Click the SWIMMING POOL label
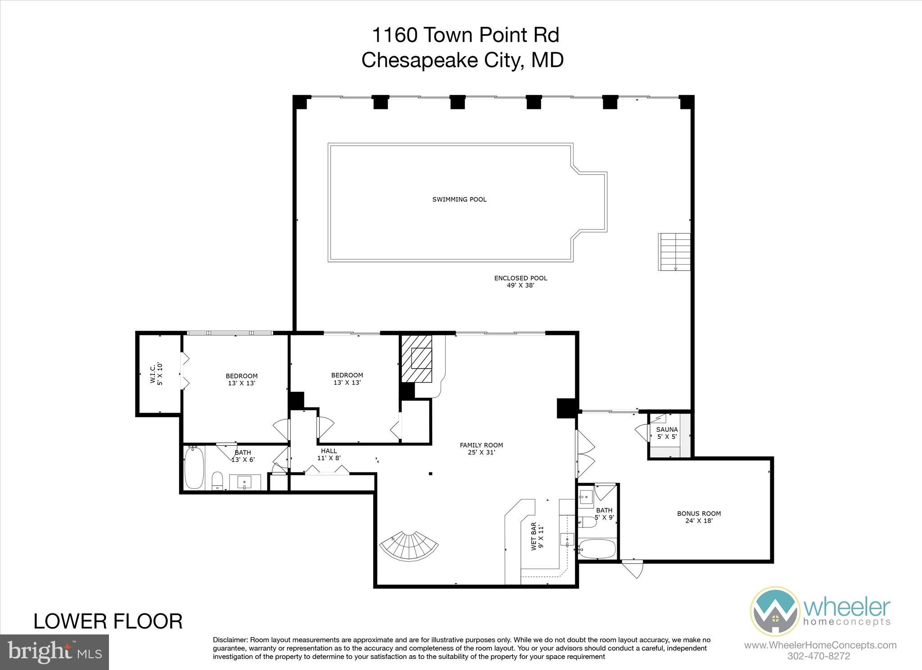click(459, 199)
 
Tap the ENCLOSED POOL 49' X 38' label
click(520, 281)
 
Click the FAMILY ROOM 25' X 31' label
click(481, 449)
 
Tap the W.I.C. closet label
click(156, 373)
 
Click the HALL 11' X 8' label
click(329, 454)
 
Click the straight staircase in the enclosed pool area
click(674, 252)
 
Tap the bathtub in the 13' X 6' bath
click(194, 467)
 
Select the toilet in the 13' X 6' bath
click(217, 481)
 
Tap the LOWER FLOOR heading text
click(108, 621)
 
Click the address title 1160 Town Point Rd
click(465, 35)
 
